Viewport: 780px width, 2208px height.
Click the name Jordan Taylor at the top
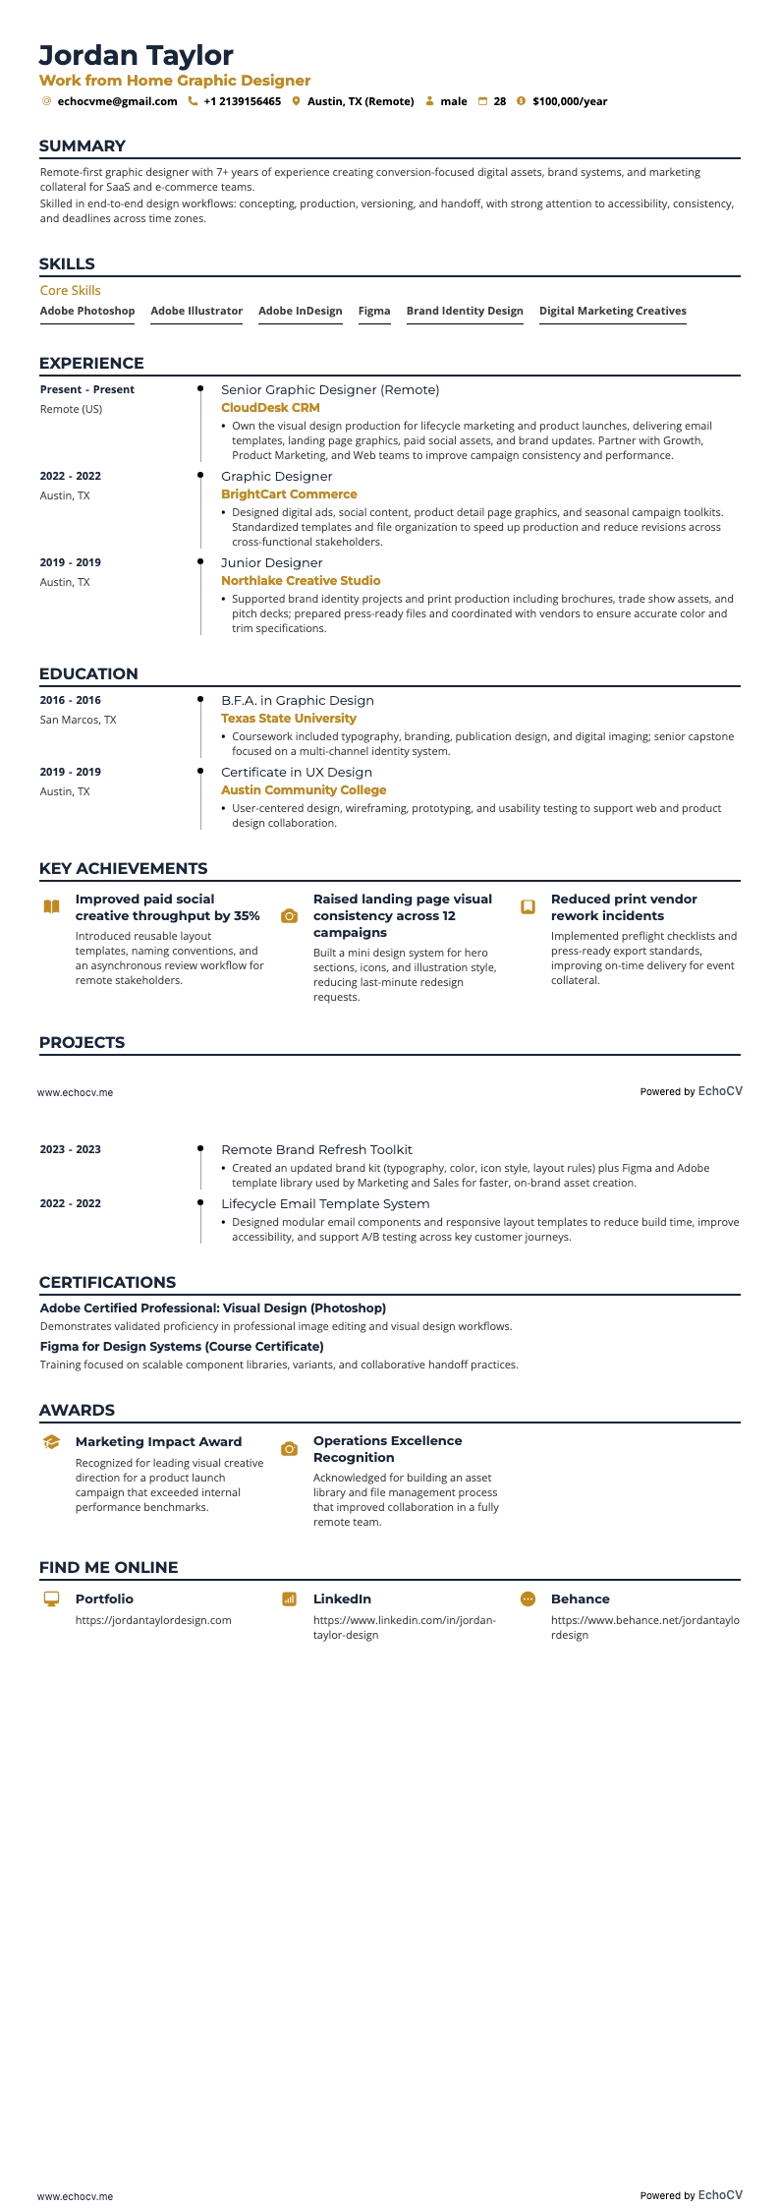coord(137,55)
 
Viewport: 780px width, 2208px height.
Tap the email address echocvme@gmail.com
coord(117,101)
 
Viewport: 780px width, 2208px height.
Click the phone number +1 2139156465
coord(242,101)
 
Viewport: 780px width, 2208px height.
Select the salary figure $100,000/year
coord(570,101)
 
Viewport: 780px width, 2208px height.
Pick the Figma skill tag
coord(374,311)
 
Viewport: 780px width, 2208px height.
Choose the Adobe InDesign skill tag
coord(301,311)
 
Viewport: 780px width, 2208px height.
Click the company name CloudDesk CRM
coord(270,408)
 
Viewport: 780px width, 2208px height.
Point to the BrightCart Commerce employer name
coord(289,494)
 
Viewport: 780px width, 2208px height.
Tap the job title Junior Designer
coord(271,563)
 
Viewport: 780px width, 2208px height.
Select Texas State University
coord(289,719)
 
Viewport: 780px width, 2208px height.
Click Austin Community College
coord(304,790)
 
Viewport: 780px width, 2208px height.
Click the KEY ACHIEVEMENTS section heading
coord(124,868)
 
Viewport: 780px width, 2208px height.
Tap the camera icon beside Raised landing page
coord(289,916)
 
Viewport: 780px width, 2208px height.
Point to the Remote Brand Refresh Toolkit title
coord(316,1149)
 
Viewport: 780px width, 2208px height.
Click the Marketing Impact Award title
coord(158,1441)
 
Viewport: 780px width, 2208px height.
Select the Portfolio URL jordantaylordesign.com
coord(153,1620)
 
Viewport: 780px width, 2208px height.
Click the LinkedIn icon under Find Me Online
coord(289,1599)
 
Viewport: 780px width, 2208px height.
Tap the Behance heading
coord(580,1599)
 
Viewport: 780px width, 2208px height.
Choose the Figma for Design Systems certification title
coord(182,1347)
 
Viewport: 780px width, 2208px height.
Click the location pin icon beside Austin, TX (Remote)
coord(296,101)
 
